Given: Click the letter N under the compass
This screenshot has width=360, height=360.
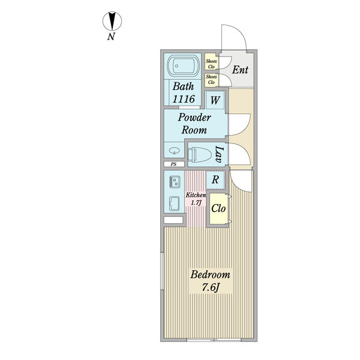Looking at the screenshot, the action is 111,36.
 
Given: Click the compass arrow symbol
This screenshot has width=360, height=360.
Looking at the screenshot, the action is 112,21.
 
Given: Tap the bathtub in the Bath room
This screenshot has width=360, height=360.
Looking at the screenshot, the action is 183,66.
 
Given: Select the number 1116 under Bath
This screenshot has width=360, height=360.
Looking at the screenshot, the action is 184,99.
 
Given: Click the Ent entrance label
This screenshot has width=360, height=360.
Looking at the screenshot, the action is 240,70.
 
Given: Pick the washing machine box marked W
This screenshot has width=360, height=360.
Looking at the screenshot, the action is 215,100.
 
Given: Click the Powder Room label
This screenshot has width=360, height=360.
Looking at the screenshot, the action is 194,124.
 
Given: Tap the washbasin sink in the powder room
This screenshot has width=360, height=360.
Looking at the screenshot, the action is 174,151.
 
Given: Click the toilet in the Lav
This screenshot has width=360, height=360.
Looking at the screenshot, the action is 200,154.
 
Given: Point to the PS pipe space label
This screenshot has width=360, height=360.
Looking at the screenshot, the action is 174,164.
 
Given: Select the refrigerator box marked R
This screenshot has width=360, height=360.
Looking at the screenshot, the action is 215,180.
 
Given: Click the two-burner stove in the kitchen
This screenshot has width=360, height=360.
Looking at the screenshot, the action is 175,182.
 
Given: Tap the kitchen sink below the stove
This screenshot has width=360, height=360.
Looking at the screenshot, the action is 175,203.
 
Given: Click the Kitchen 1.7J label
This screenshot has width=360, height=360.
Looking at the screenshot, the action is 196,199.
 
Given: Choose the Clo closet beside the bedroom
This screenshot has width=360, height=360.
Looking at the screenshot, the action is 218,208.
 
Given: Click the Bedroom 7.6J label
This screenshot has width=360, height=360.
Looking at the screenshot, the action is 210,281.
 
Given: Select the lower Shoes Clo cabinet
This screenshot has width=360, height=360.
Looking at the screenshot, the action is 211,80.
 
